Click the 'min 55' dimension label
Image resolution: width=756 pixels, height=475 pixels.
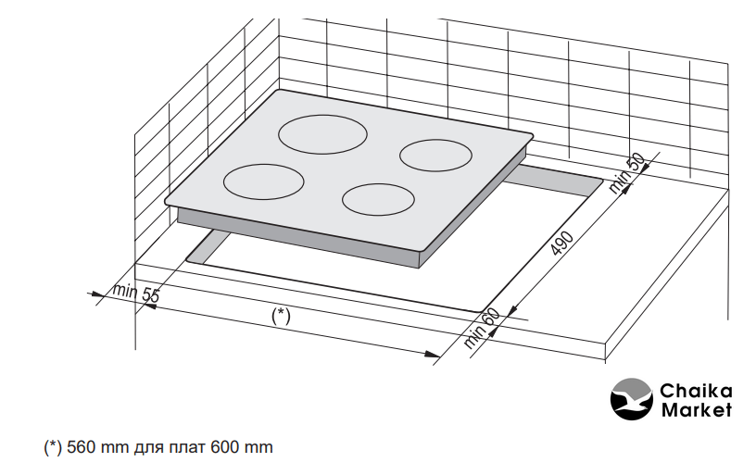(x=135, y=293)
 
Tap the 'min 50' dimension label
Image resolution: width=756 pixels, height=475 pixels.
(x=627, y=173)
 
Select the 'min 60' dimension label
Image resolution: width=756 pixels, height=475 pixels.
(x=482, y=328)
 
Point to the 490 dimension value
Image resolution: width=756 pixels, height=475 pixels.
(x=562, y=243)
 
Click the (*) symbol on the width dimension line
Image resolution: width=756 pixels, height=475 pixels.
(x=281, y=317)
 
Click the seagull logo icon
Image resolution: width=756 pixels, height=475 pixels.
(x=632, y=399)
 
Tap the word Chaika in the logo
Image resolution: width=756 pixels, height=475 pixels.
(x=696, y=390)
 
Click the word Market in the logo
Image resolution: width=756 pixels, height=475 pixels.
(x=696, y=410)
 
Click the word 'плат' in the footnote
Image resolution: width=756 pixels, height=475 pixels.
(x=187, y=448)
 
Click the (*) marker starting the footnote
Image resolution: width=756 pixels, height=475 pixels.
(x=53, y=447)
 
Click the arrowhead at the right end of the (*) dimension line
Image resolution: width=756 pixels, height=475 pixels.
(x=433, y=355)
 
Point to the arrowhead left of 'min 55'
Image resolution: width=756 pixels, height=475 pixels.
(x=95, y=294)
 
